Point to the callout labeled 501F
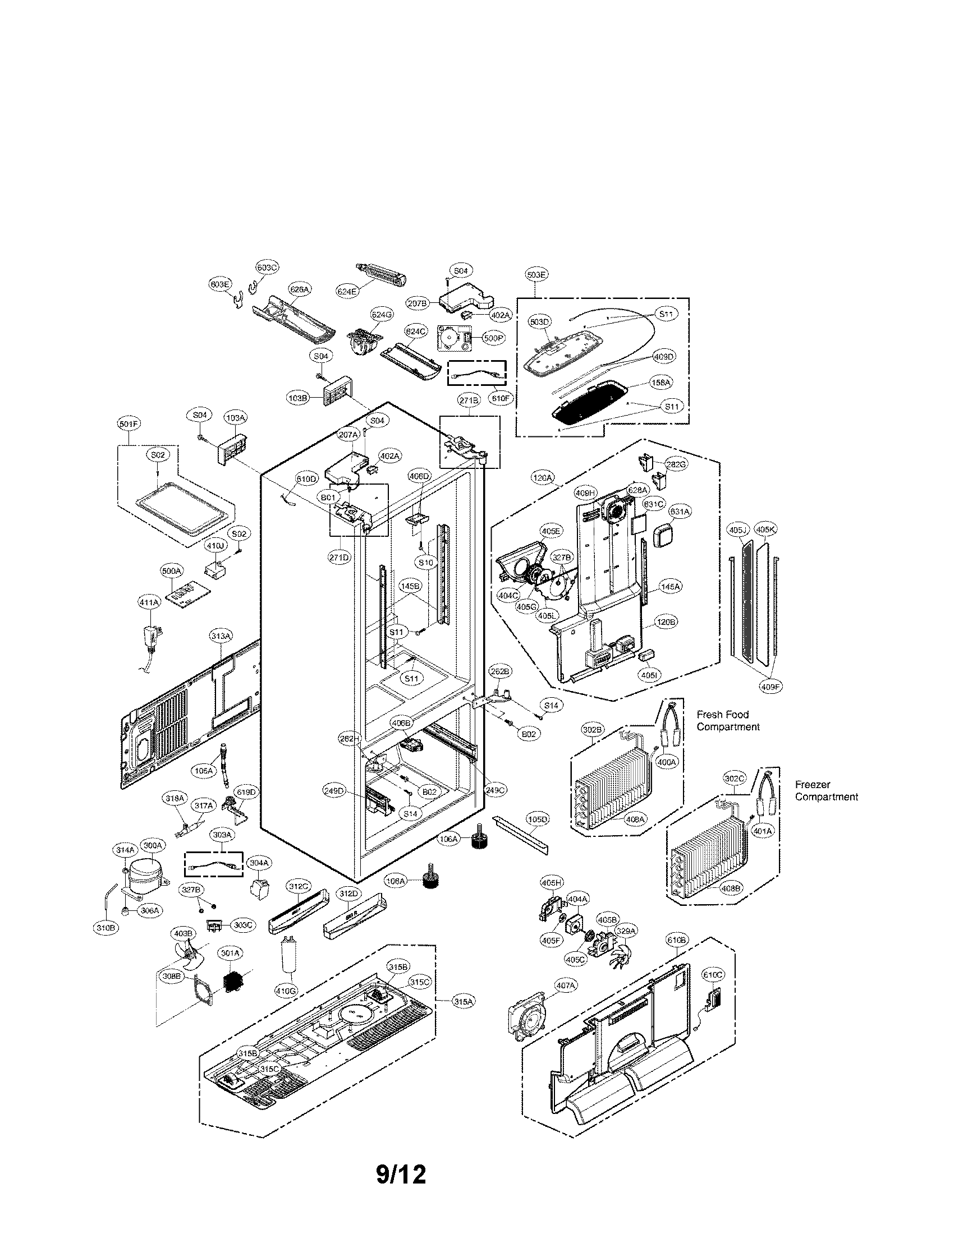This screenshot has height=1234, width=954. click(129, 423)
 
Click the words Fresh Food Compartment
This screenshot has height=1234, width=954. click(728, 720)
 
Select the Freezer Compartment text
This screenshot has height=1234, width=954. click(826, 790)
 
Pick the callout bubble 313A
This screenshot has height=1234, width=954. click(221, 636)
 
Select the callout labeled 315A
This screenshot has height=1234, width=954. click(463, 1001)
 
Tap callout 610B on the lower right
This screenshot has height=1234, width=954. click(677, 940)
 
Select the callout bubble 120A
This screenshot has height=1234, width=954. click(542, 478)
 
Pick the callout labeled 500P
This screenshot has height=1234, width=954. click(493, 338)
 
